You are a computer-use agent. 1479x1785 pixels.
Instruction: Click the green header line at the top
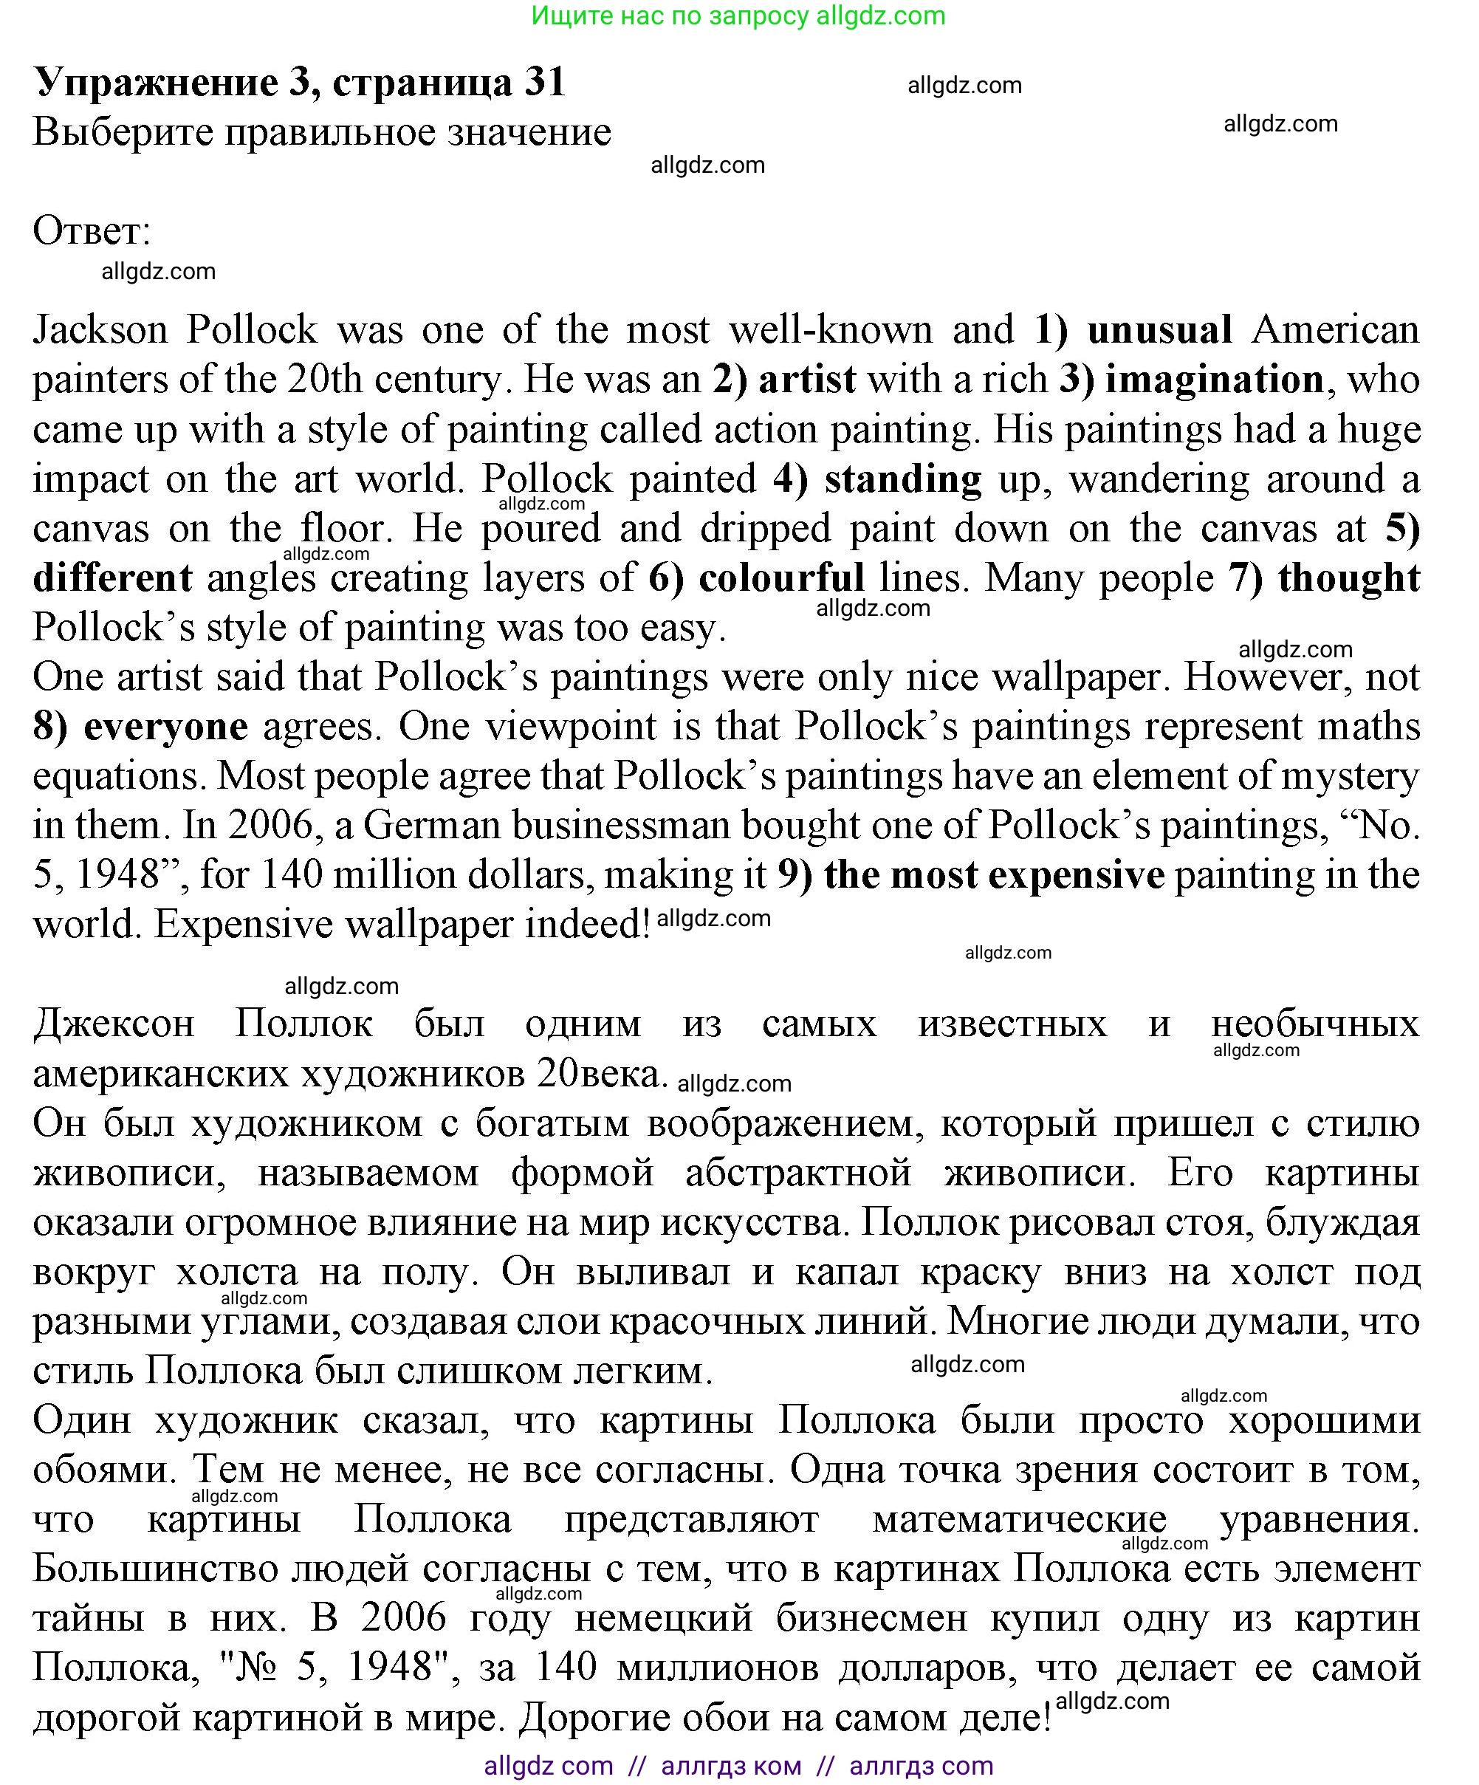(738, 16)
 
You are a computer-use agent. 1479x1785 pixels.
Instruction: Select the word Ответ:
(92, 230)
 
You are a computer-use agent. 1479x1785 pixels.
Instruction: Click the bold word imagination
(1214, 379)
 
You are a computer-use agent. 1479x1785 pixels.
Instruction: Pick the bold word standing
(903, 479)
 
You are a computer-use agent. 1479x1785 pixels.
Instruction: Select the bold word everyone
(165, 727)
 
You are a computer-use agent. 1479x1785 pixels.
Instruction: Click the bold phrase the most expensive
(994, 874)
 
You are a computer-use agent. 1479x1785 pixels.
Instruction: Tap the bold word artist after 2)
(806, 379)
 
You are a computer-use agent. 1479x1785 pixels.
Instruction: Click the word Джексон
(114, 1024)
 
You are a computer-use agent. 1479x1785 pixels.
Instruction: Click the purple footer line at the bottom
(738, 1766)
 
